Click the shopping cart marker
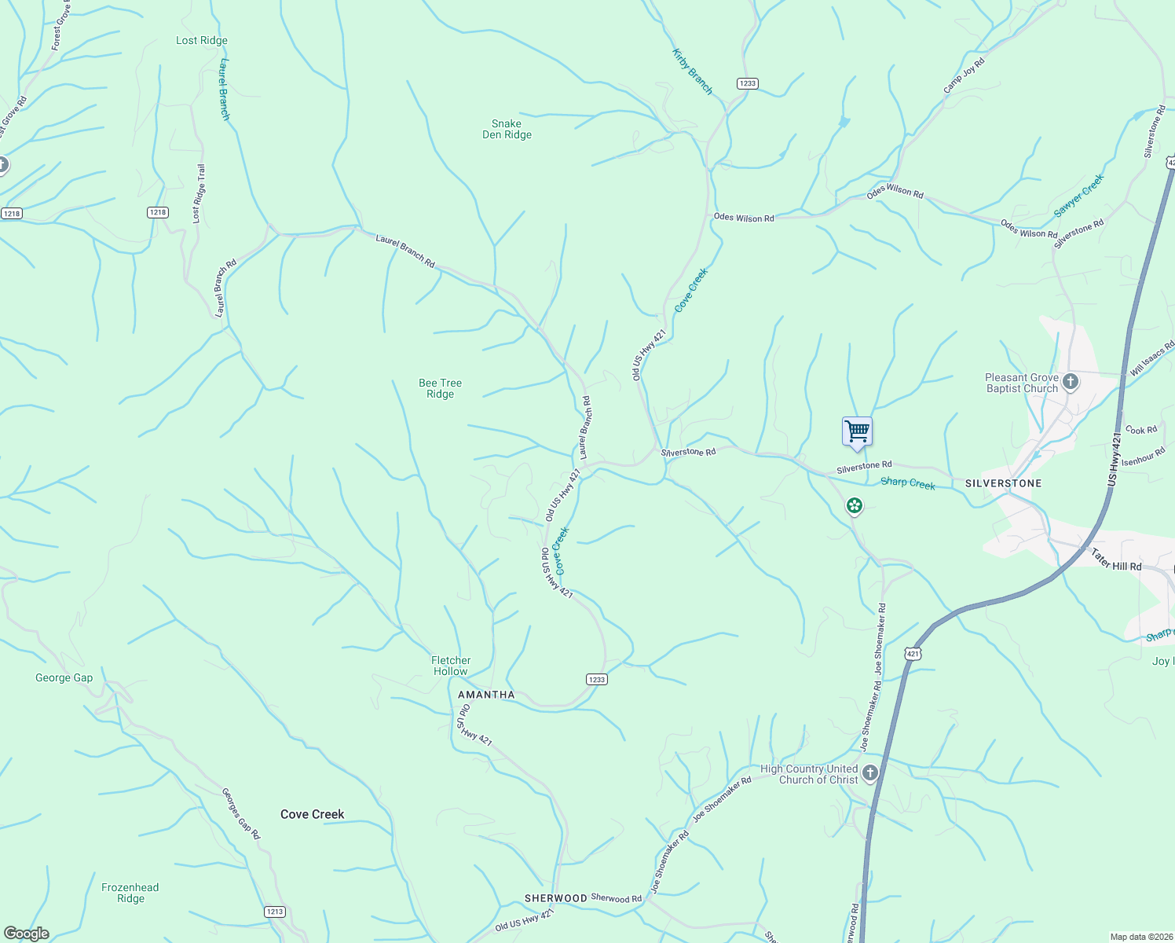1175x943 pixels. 857,431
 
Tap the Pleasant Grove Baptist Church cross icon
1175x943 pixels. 1071,383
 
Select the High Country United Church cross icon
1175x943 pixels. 869,773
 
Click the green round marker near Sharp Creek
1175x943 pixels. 855,505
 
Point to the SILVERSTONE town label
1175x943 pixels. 1003,483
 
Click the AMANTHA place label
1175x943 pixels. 486,695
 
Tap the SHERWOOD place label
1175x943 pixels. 555,898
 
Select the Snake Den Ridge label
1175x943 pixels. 507,129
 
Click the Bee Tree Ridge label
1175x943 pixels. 440,388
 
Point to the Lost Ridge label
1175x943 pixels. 202,40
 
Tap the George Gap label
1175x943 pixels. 64,677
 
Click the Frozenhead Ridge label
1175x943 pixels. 130,893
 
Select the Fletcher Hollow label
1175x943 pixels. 451,666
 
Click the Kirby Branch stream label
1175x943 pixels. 692,72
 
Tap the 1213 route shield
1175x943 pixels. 274,912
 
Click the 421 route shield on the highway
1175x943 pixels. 912,654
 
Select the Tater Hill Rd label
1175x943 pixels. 1115,560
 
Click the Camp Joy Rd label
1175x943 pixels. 964,75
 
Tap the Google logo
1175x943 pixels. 27,933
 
